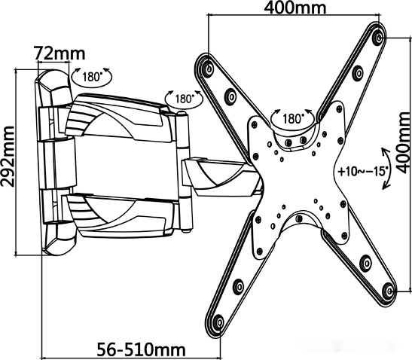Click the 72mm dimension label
[60, 53]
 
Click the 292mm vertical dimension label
[8, 157]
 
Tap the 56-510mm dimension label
[142, 349]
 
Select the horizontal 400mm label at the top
[295, 8]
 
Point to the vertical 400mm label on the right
[403, 142]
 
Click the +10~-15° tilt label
[362, 172]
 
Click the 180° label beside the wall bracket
[92, 77]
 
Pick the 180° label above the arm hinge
[185, 99]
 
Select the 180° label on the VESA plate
[293, 118]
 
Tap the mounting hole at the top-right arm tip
[378, 38]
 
